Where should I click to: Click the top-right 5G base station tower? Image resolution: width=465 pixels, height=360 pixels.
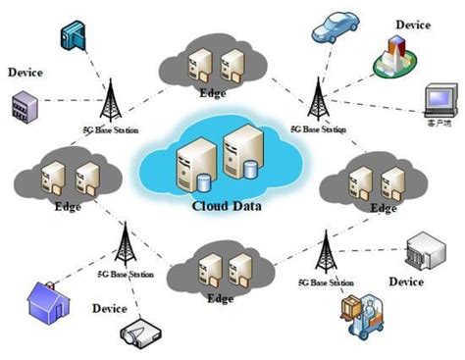(318, 97)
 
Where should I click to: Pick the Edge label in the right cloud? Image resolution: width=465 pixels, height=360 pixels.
(383, 209)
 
